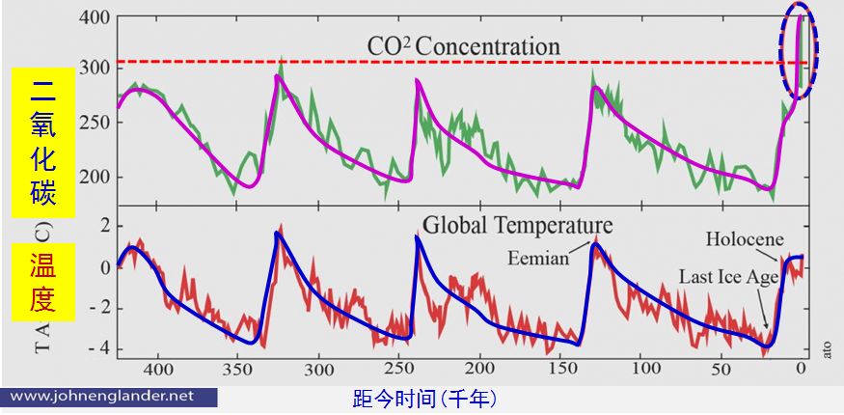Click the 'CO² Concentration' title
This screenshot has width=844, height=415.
tap(463, 45)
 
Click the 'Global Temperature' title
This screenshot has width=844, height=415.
tap(517, 226)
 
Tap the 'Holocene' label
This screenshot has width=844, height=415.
tap(745, 238)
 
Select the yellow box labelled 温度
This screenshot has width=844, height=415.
tap(38, 281)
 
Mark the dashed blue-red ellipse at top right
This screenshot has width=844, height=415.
tap(798, 53)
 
